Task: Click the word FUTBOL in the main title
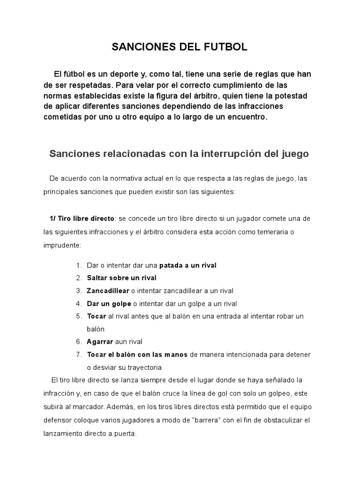coord(223,47)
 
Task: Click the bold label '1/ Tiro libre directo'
coord(82,218)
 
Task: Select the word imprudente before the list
coord(62,245)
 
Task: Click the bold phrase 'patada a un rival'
coord(188,265)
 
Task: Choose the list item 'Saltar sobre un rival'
coord(121,278)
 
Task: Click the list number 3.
coord(79,291)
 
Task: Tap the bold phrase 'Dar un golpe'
coord(109,303)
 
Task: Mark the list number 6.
coord(79,341)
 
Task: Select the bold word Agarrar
coord(100,341)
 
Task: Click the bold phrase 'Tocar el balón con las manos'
coord(137,354)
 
